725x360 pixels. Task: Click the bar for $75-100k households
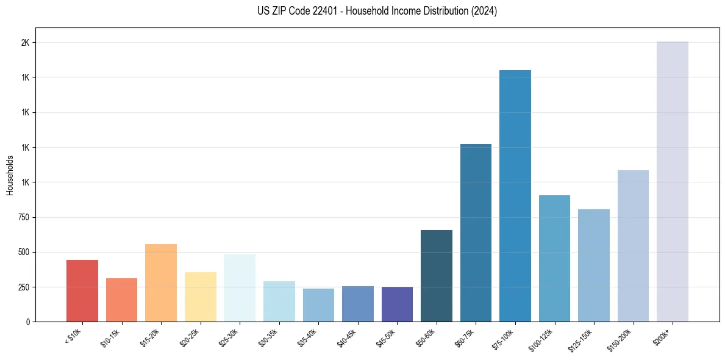tap(515, 196)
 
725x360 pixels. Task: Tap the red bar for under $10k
tap(82, 290)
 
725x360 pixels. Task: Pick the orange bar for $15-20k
tap(161, 283)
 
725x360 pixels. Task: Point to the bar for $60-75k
tap(476, 232)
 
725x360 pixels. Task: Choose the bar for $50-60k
tap(437, 276)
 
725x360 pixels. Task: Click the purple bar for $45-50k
tap(397, 304)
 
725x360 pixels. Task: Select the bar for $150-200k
tap(633, 246)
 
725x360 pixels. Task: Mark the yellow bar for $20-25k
tap(201, 297)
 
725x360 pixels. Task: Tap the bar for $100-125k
tap(554, 258)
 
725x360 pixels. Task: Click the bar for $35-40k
tap(318, 305)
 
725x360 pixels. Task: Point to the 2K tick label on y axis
tap(25, 43)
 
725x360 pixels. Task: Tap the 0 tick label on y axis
tap(27, 322)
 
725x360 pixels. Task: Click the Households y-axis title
tap(10, 175)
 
